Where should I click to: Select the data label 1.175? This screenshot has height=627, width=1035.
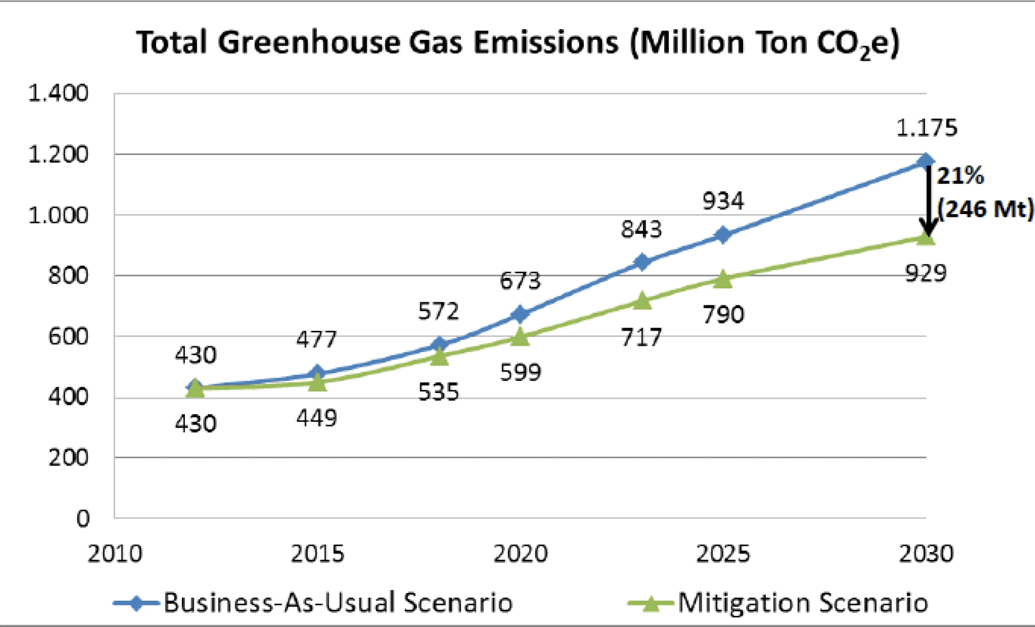927,128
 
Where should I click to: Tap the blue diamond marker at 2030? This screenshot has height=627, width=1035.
926,161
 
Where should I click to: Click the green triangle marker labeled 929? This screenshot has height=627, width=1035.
926,237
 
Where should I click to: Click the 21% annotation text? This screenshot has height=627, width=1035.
960,175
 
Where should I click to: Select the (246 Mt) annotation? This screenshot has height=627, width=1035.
985,208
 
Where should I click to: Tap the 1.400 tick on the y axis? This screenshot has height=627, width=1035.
58,93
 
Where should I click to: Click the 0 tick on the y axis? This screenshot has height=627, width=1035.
83,518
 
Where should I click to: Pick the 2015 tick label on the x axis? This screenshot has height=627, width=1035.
317,553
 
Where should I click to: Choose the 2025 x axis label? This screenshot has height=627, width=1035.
723,553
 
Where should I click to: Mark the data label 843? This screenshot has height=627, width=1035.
641,229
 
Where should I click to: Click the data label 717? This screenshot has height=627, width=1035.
641,337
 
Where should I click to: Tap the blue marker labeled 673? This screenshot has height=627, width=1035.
520,315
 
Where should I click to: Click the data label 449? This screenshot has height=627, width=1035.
317,418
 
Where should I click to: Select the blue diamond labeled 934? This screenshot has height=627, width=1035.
723,235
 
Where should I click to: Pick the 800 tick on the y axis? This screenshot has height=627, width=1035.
68,275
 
